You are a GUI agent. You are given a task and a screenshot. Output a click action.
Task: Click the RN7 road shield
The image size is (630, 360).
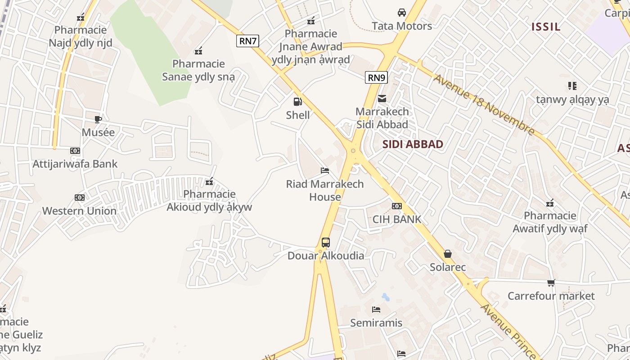pyautogui.click(x=247, y=41)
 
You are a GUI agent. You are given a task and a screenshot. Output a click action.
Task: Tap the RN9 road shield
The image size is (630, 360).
pyautogui.click(x=376, y=77)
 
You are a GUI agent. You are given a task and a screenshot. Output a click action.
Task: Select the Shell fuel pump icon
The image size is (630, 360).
pyautogui.click(x=297, y=102)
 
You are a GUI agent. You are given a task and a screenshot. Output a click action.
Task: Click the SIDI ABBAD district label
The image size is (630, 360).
pyautogui.click(x=413, y=144)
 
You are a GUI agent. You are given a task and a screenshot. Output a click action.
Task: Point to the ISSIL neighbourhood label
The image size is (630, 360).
pyautogui.click(x=546, y=27)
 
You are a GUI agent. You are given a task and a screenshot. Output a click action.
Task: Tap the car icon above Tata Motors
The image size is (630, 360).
pyautogui.click(x=401, y=13)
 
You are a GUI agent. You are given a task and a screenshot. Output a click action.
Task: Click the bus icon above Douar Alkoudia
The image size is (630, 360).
pyautogui.click(x=326, y=243)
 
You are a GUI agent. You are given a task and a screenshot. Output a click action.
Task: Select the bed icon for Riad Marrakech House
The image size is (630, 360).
pyautogui.click(x=325, y=171)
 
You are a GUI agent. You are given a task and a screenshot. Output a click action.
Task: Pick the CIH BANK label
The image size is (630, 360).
pyautogui.click(x=397, y=219)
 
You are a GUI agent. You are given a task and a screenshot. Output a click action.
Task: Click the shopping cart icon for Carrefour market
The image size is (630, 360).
pyautogui.click(x=551, y=283)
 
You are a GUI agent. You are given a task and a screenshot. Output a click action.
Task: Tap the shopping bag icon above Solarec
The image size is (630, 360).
pyautogui.click(x=448, y=254)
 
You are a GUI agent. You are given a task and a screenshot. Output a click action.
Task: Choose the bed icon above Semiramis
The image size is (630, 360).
pyautogui.click(x=376, y=310)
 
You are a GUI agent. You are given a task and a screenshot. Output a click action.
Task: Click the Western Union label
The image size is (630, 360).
pyautogui.click(x=79, y=211)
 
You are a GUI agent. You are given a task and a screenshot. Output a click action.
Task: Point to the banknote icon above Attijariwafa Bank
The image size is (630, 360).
pyautogui.click(x=75, y=151)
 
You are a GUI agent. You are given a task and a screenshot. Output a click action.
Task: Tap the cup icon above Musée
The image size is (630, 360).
pyautogui.click(x=98, y=119)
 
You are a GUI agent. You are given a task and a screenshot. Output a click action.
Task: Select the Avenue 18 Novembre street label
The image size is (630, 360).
pyautogui.click(x=484, y=105)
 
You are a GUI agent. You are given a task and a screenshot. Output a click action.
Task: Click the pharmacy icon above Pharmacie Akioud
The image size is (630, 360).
pyautogui.click(x=209, y=181)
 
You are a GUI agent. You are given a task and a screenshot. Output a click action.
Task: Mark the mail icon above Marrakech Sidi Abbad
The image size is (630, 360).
pyautogui.click(x=382, y=98)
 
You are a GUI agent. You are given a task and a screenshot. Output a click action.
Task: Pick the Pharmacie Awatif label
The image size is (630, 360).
pyautogui.click(x=550, y=222)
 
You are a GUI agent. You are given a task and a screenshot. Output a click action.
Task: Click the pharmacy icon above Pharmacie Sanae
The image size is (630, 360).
pyautogui.click(x=198, y=51)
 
